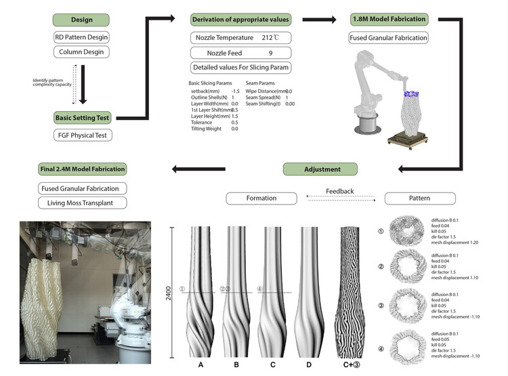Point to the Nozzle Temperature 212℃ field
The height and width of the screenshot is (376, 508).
click(240, 37)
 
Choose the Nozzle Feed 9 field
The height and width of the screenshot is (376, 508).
click(240, 52)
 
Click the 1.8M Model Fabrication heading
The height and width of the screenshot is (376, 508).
click(388, 20)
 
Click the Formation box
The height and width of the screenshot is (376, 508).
click(261, 199)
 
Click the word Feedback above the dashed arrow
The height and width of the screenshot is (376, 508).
click(339, 191)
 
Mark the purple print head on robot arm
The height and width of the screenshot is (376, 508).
click(413, 93)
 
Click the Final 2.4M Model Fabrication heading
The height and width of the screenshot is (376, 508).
click(81, 169)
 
